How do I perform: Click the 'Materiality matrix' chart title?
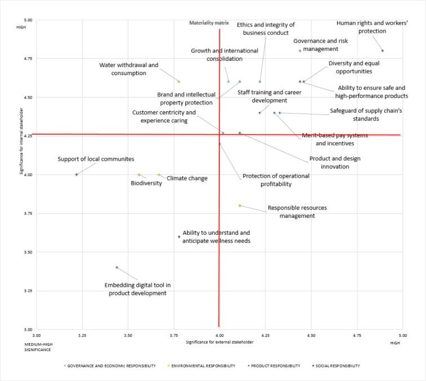pos(209,23)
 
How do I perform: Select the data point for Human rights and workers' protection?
pos(382,51)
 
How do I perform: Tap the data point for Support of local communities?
pos(76,174)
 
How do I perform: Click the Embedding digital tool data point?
pos(117,268)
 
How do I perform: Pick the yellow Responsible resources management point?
pos(239,205)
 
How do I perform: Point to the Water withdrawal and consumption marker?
pos(179,82)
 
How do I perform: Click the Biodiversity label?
pos(146,183)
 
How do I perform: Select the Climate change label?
pos(187,178)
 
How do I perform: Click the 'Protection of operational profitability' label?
pos(276,179)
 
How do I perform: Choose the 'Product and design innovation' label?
pos(335,163)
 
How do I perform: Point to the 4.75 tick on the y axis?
pos(28,58)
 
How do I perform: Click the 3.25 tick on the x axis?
pos(82,336)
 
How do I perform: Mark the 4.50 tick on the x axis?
pos(310,336)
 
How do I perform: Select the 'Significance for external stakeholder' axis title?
pos(219,342)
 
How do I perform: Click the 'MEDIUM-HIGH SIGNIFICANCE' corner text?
pos(37,346)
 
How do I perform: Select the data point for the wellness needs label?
pos(179,237)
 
